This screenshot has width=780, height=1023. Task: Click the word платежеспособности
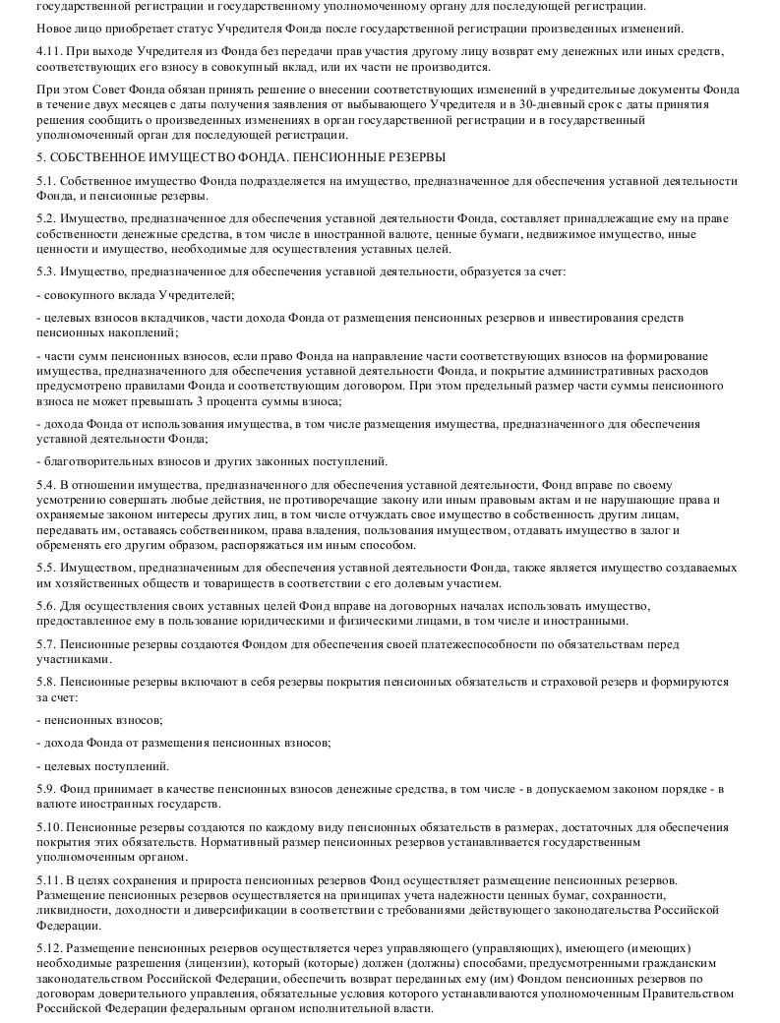click(475, 644)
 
